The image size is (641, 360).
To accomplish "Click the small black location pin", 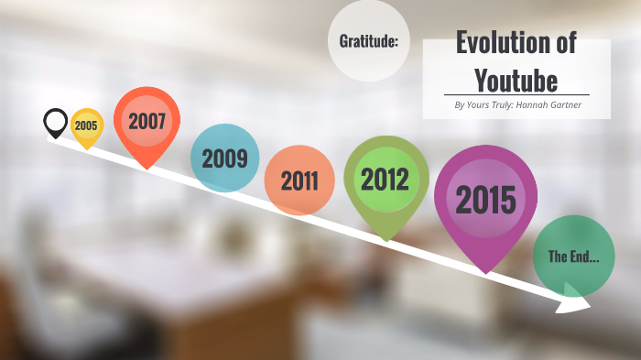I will [x=56, y=121].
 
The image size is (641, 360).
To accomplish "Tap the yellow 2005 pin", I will [x=86, y=125].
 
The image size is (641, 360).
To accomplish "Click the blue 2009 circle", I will [x=224, y=158].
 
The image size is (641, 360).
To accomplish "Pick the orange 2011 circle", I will [x=299, y=180].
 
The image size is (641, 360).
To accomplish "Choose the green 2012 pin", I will [x=386, y=179].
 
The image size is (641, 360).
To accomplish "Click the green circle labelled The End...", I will [x=574, y=256].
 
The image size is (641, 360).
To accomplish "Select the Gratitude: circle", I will [x=368, y=40].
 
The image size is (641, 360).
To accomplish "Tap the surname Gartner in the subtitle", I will [x=566, y=105].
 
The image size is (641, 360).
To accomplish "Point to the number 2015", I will [x=485, y=199].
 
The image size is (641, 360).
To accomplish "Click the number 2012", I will [x=385, y=179].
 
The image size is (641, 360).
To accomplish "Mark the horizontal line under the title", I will [x=516, y=95].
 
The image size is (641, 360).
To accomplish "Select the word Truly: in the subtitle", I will [x=502, y=105].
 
